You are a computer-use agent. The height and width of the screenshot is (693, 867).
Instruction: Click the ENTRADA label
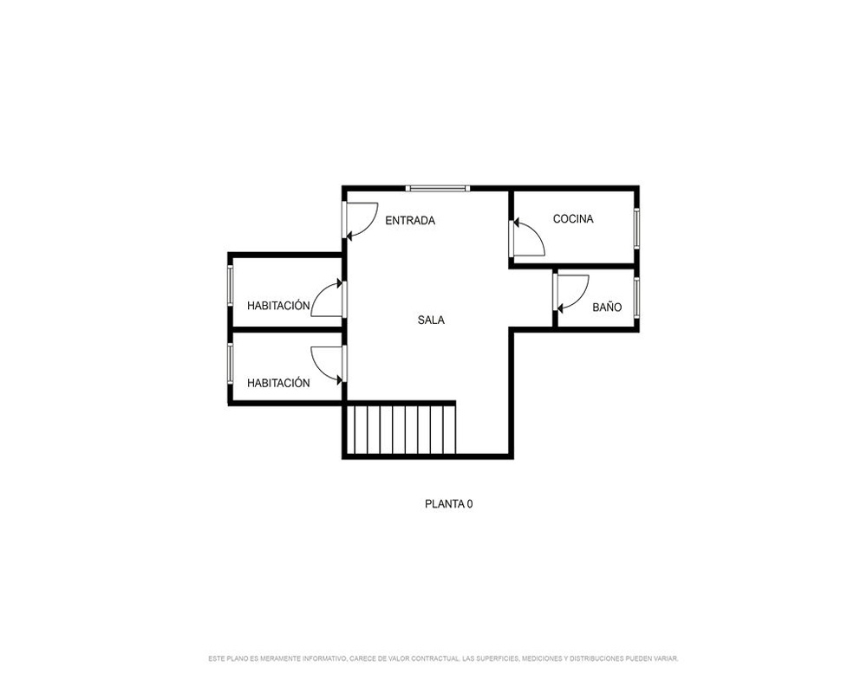point(410,221)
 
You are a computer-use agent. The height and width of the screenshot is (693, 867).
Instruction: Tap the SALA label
point(431,320)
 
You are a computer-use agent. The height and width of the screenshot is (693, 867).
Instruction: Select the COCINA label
point(573,219)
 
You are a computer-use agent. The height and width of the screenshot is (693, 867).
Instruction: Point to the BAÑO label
point(607,307)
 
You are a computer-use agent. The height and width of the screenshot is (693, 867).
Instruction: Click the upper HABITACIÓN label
point(278,305)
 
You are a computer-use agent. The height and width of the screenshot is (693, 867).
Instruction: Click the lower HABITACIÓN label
point(278,383)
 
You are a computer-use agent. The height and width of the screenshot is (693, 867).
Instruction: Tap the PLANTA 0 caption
point(448,504)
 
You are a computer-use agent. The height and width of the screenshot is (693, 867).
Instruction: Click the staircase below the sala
point(401,430)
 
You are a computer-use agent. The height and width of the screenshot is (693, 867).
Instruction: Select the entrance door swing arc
point(369,228)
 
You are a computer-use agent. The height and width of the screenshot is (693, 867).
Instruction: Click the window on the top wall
point(438,189)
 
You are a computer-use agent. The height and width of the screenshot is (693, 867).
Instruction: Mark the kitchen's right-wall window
point(636,228)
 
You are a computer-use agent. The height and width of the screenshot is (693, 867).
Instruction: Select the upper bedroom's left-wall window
point(230,286)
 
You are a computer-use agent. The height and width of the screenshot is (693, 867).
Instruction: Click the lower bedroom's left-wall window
point(230,364)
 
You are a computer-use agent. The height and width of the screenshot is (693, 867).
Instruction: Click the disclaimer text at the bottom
point(443,658)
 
